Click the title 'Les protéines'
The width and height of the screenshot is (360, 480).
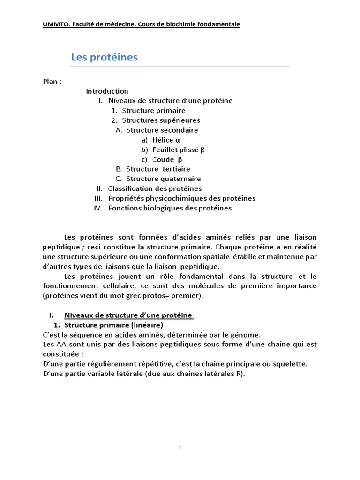pos(104,57)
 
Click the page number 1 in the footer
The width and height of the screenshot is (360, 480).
pos(180,448)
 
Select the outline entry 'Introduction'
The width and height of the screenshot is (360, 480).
pos(107,91)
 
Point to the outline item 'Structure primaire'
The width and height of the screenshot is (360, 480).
pos(154,111)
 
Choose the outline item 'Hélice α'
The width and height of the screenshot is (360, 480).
pos(166,140)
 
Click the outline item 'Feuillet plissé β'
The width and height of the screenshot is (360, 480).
pos(179,150)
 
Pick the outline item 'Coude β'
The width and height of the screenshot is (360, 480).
pos(167,159)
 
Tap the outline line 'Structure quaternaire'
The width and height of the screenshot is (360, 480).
pos(164,179)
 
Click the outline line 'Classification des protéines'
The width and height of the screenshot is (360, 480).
pos(155,188)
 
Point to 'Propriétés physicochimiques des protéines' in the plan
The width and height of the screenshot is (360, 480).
pos(182,198)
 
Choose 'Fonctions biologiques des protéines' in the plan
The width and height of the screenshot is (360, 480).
pos(170,208)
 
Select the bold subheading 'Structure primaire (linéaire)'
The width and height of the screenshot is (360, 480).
pos(113,325)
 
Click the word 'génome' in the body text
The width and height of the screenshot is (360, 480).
pos(246,335)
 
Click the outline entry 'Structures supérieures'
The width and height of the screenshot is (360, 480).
pos(161,120)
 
